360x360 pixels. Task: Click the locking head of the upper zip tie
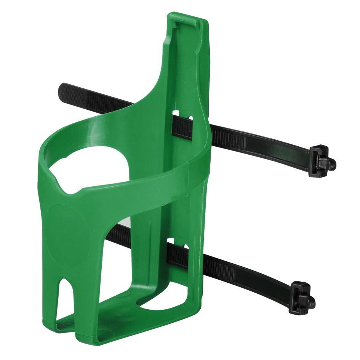click(322, 162)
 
